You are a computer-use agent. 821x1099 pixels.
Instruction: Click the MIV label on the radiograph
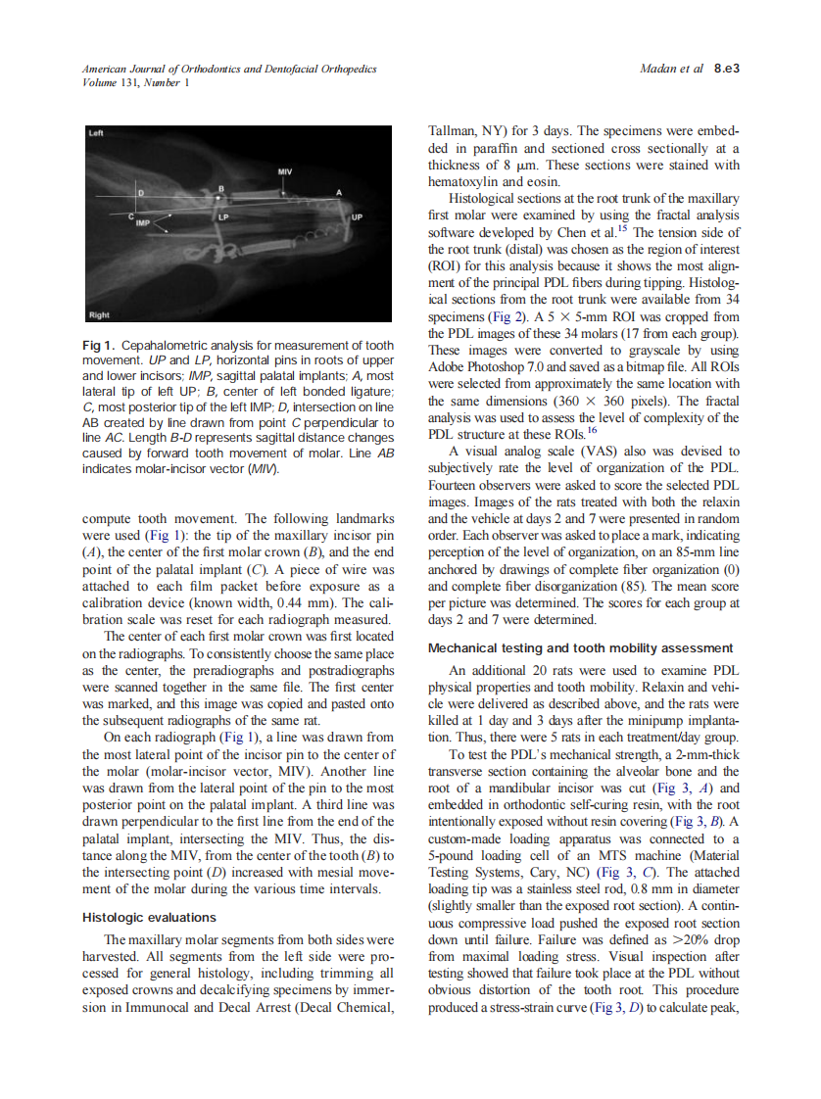[284, 171]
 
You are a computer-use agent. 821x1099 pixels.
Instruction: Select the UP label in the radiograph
[358, 216]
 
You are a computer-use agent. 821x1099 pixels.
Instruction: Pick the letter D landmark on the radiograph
[139, 193]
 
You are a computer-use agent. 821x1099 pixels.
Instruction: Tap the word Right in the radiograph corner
[99, 315]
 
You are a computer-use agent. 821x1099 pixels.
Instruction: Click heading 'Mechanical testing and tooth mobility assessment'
[580, 648]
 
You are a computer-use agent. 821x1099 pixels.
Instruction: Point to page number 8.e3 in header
[726, 70]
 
